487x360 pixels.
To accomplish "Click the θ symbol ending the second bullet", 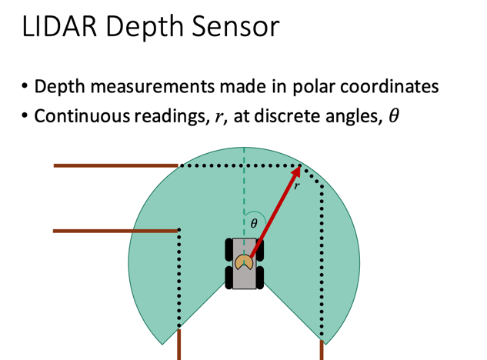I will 393,115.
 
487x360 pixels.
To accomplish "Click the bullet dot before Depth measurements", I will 25,85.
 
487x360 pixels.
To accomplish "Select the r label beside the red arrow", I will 296,185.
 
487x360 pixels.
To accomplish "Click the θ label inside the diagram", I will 255,224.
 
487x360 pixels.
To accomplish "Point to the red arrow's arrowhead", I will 295,172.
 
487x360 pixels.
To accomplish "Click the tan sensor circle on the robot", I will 245,262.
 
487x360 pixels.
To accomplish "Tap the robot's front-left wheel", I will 229,249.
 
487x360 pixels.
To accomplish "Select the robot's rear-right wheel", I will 260,277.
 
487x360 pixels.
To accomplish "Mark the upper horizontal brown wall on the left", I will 115,165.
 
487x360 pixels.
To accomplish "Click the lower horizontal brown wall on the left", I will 115,230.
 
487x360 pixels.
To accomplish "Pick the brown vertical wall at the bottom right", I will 322,351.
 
